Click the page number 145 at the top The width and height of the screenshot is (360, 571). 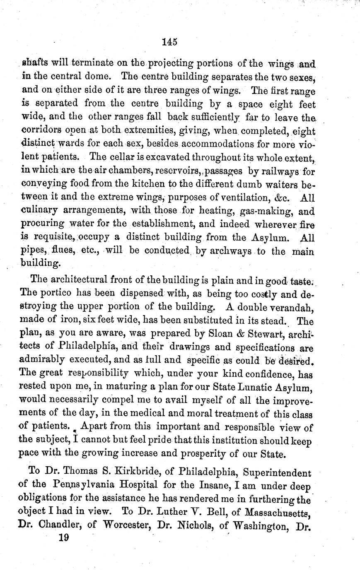(x=170, y=41)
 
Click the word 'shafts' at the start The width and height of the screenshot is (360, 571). (x=34, y=63)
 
